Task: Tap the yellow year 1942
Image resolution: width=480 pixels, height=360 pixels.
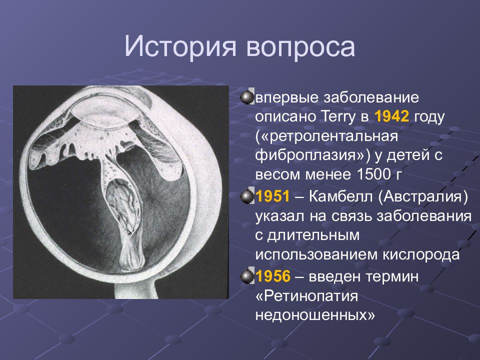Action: pos(392,116)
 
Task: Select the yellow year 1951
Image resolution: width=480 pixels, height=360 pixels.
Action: pos(272,196)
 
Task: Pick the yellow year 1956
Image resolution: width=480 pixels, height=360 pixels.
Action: pos(273,276)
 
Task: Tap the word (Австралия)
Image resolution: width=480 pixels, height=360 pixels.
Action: pos(423,197)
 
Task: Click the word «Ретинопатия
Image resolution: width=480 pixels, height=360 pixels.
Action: pos(306,296)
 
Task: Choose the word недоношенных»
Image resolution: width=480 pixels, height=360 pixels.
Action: pos(315,315)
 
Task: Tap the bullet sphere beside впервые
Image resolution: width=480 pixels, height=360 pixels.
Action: pos(247,97)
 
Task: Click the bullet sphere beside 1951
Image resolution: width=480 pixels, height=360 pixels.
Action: pos(247,196)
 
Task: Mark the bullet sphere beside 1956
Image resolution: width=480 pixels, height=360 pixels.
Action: pos(247,276)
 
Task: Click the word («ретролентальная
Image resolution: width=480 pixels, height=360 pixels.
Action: pos(326,136)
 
